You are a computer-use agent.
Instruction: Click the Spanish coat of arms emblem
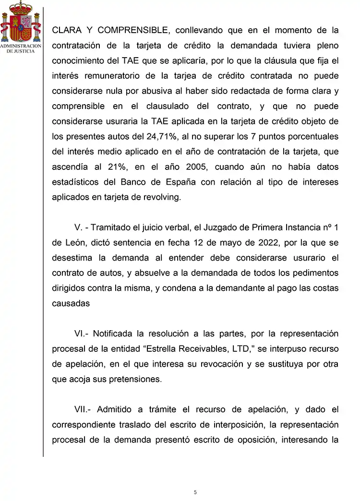20,22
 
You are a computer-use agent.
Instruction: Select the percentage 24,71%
162,136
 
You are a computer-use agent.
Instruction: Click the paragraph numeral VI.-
82,334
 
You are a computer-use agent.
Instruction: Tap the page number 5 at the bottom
195,492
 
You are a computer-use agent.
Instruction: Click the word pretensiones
137,379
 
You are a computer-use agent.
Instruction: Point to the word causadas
71,303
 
